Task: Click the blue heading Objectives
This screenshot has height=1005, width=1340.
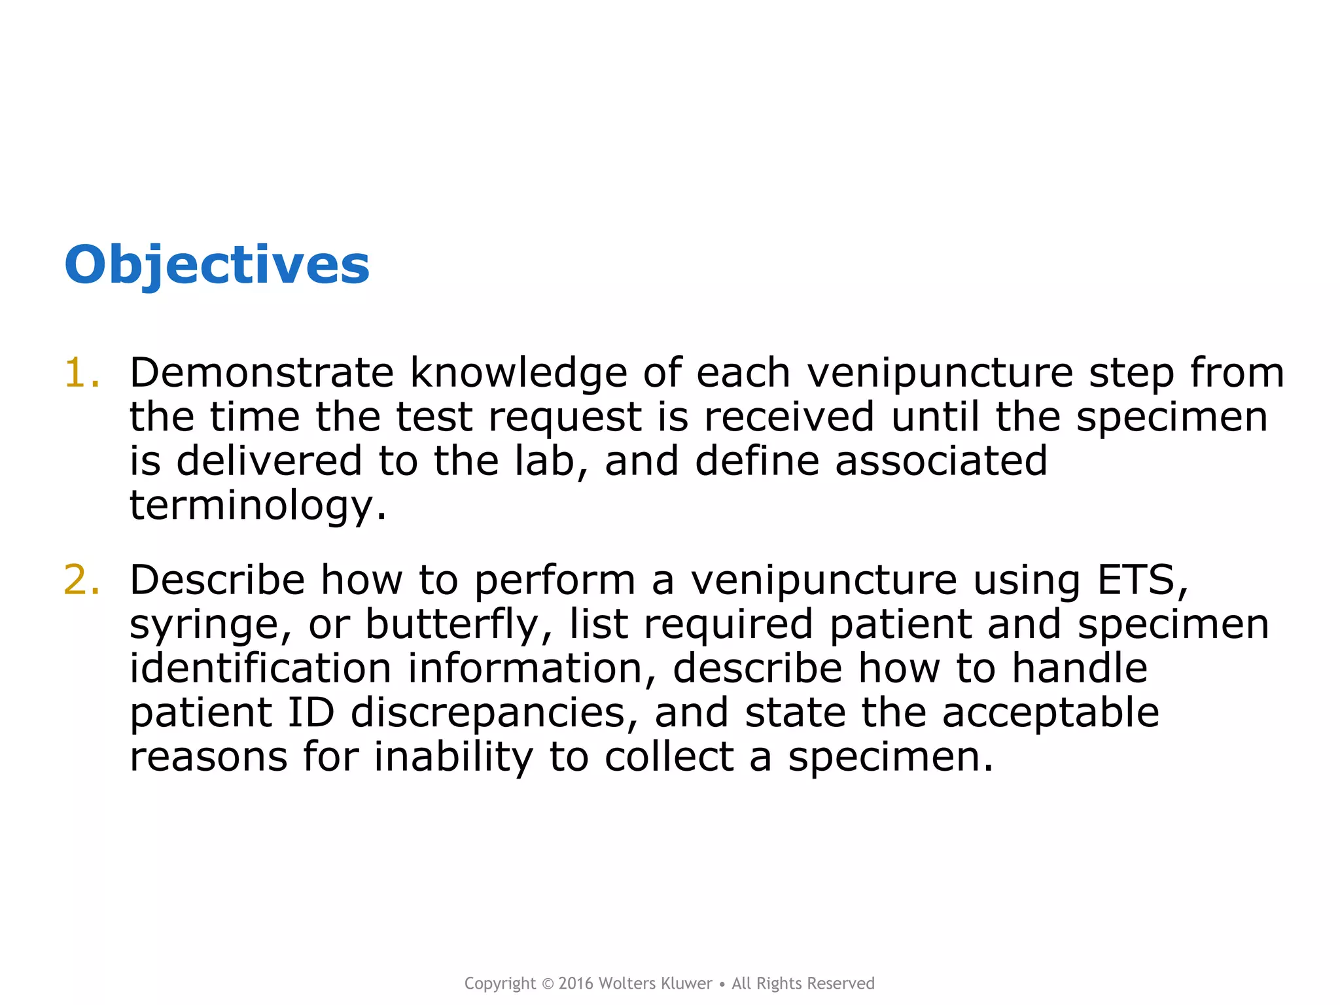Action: tap(217, 265)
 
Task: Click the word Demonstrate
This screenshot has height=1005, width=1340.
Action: tap(261, 373)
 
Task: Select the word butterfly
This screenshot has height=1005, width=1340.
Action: tap(451, 625)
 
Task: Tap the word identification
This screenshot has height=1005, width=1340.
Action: tap(260, 669)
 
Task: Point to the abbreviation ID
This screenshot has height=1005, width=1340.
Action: tap(311, 713)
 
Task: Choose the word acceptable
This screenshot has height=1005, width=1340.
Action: tap(1050, 713)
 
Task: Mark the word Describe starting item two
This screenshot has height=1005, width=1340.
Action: tap(217, 580)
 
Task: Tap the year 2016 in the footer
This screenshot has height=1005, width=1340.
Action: tap(576, 983)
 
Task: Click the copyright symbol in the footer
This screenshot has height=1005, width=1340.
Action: tap(548, 984)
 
